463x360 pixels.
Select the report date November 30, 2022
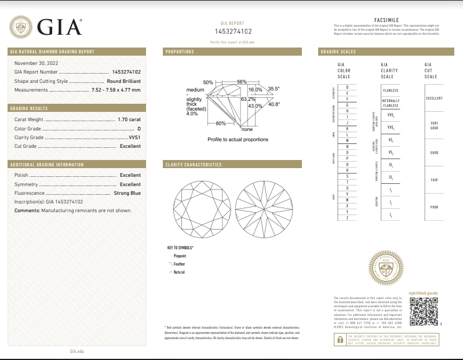pyautogui.click(x=37, y=63)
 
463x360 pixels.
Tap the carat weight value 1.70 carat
pyautogui.click(x=129, y=119)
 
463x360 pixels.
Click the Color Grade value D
pyautogui.click(x=139, y=128)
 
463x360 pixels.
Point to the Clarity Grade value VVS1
pyautogui.click(x=134, y=137)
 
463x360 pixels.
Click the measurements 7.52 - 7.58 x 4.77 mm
pyautogui.click(x=116, y=90)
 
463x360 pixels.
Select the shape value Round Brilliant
pyautogui.click(x=123, y=81)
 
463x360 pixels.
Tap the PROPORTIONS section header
pyautogui.click(x=180, y=52)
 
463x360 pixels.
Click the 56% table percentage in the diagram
pyautogui.click(x=242, y=82)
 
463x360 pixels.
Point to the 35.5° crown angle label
pyautogui.click(x=274, y=89)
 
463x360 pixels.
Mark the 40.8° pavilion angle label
pyautogui.click(x=274, y=104)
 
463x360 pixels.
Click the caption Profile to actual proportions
pyautogui.click(x=238, y=140)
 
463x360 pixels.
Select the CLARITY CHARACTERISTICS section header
pyautogui.click(x=194, y=165)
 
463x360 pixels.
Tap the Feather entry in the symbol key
pyautogui.click(x=179, y=264)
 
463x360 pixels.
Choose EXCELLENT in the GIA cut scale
pyautogui.click(x=435, y=98)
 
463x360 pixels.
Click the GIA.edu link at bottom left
pyautogui.click(x=77, y=351)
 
